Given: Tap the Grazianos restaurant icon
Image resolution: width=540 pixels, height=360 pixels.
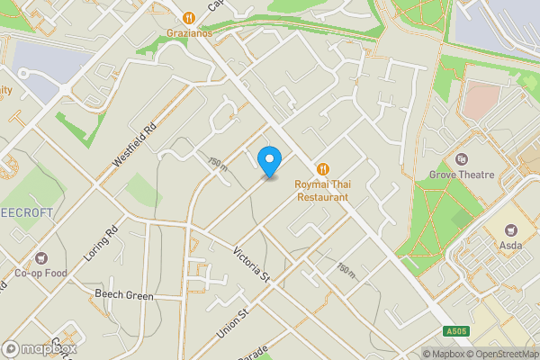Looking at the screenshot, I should coord(189,17).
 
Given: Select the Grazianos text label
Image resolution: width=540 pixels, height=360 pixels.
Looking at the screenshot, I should coord(189,32).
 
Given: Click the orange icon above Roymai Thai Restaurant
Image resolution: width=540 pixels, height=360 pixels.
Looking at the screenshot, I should coord(323,168).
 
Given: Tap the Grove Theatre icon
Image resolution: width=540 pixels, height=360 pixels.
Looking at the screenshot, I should coord(462,159).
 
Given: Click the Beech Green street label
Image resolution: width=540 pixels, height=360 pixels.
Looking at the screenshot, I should coord(125,294).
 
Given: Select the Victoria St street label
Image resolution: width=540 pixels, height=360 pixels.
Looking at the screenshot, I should coord(251,262).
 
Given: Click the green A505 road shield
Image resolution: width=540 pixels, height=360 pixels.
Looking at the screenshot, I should coord(456,331).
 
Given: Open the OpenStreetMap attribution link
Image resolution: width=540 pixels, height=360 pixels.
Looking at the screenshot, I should coord(499,353).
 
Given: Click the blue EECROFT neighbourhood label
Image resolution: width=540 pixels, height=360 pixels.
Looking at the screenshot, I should coord(26,212).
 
